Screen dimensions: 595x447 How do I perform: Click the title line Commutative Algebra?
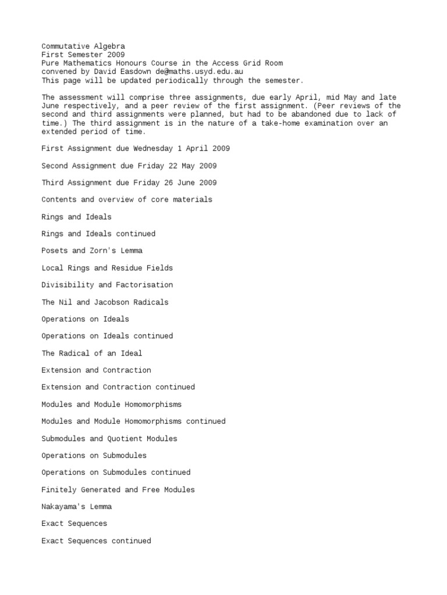click(x=83, y=46)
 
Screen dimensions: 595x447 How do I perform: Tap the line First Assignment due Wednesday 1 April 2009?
click(x=136, y=149)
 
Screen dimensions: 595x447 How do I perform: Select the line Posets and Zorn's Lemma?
click(x=92, y=251)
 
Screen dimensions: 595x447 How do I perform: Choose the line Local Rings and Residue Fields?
click(x=107, y=268)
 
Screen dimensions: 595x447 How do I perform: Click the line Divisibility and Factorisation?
click(x=107, y=285)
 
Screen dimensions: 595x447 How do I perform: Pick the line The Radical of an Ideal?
click(x=92, y=353)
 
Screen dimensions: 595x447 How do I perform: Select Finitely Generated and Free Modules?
click(x=118, y=490)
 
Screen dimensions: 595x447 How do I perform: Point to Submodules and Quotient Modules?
click(x=109, y=439)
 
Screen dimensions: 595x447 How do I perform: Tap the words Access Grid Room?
click(x=248, y=63)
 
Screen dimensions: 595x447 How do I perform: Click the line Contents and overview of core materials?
click(x=127, y=200)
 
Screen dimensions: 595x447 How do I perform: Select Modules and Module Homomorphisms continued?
click(x=133, y=421)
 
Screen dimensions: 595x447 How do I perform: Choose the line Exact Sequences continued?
click(x=96, y=541)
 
